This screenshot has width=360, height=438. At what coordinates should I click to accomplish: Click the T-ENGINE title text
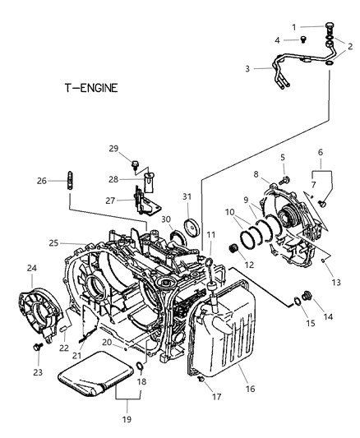pyautogui.click(x=91, y=86)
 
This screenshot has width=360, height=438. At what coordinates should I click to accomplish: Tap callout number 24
pyautogui.click(x=32, y=267)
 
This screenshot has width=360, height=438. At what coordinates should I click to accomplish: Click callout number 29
pyautogui.click(x=114, y=148)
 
